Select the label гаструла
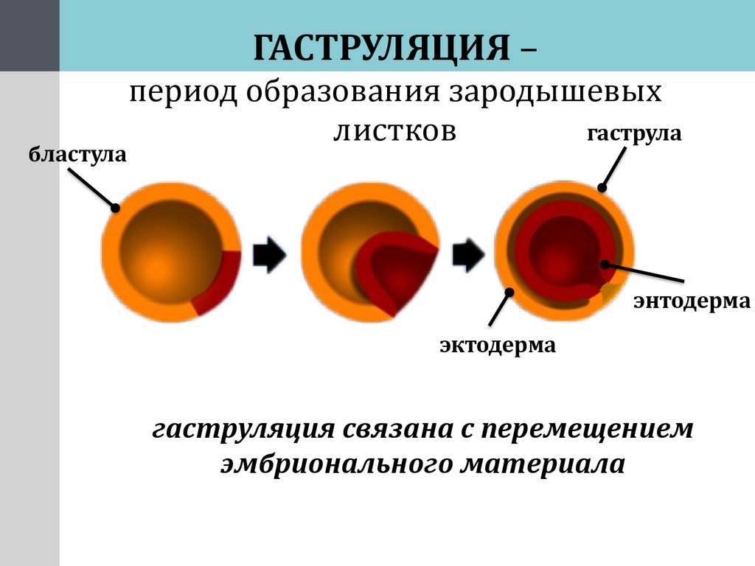[634, 134]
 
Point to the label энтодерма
[692, 301]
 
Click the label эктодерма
[498, 344]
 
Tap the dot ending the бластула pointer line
[115, 208]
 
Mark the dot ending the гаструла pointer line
[602, 188]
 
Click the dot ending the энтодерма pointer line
[605, 264]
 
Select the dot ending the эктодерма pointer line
[509, 293]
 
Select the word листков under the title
[394, 130]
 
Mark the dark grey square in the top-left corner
[29, 35]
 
